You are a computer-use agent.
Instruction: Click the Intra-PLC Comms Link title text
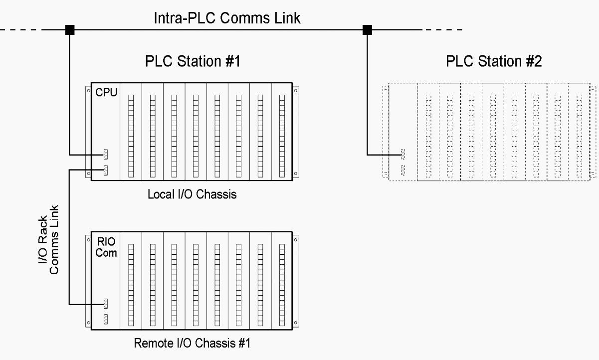(226, 18)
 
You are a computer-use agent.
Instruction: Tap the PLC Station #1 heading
(192, 62)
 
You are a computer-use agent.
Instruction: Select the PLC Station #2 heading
(493, 62)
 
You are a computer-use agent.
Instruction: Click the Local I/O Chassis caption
(192, 194)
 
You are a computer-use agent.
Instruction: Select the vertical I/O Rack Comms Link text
(49, 239)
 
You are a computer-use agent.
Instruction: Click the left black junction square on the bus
(70, 30)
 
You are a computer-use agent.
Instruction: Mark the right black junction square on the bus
(367, 30)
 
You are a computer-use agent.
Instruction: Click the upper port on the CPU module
(106, 155)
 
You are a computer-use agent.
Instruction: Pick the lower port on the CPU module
(106, 170)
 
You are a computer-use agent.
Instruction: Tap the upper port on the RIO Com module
(106, 303)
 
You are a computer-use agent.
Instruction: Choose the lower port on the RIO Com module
(106, 319)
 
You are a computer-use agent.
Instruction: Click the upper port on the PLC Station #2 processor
(403, 154)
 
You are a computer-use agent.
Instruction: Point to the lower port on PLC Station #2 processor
(403, 170)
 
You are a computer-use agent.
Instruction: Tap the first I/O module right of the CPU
(131, 132)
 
